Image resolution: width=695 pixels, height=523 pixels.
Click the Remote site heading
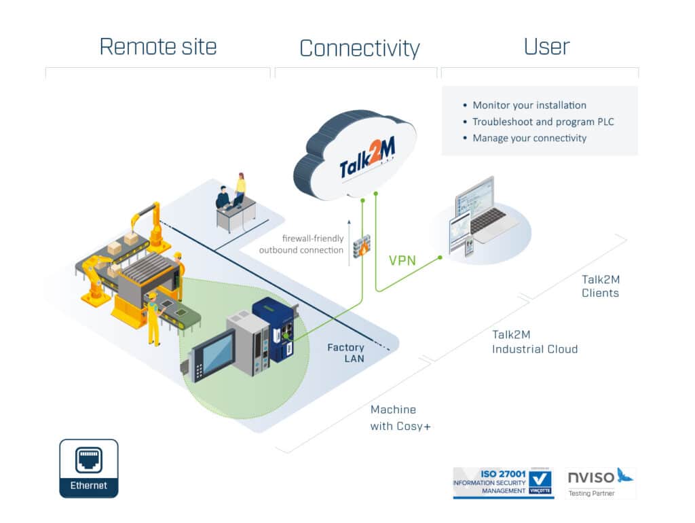[158, 46]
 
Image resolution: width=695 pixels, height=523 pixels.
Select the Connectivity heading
[359, 48]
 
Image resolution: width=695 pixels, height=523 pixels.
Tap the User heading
[546, 46]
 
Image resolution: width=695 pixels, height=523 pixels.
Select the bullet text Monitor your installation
[529, 105]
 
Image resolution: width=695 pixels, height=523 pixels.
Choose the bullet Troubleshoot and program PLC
[543, 122]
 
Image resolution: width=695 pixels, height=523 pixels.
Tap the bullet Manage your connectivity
[529, 138]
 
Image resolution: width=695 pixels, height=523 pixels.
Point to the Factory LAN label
[345, 353]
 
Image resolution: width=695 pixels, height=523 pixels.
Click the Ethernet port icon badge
[88, 468]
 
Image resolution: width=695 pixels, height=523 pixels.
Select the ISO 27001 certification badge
[503, 482]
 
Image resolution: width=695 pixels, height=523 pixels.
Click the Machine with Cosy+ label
[401, 418]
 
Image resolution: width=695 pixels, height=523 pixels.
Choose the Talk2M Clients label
[600, 286]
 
